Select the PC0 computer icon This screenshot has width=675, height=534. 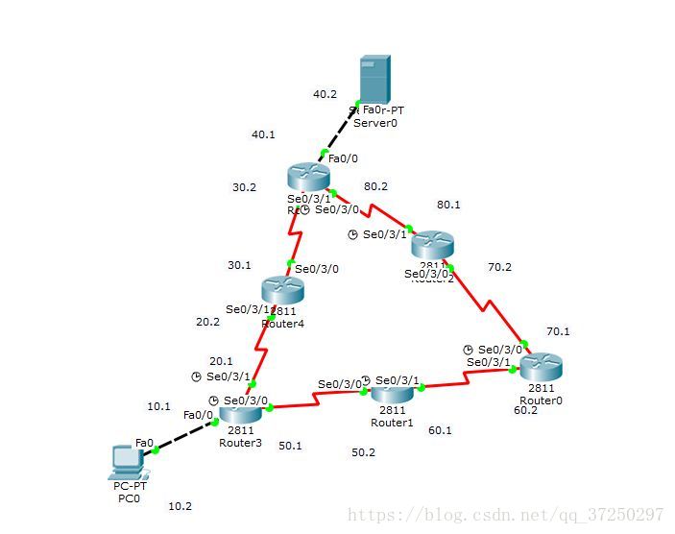point(125,462)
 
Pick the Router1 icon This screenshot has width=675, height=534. point(392,393)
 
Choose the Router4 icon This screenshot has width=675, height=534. point(282,290)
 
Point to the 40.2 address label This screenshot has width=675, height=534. point(325,94)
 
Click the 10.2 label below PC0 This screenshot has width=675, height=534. point(180,505)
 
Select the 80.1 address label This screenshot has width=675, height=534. point(448,205)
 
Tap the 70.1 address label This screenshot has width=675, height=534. point(558,331)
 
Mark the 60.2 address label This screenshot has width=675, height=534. point(526,410)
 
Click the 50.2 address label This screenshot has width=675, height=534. point(363,451)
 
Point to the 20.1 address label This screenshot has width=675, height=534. point(221,361)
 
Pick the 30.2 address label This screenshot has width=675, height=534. point(244,187)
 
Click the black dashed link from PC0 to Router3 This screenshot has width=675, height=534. point(185,436)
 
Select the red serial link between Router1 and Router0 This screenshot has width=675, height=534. point(465,381)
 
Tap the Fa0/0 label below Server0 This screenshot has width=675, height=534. point(344,158)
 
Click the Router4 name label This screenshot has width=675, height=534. point(282,324)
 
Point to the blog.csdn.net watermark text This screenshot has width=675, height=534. point(505,516)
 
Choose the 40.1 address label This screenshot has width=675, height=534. point(263,134)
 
